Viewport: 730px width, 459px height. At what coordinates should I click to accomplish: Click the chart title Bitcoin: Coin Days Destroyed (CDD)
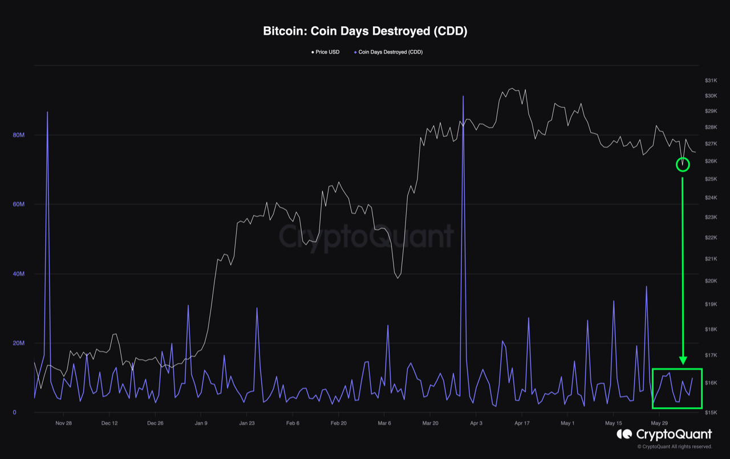(x=365, y=31)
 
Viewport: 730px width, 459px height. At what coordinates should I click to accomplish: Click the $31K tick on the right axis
(x=710, y=80)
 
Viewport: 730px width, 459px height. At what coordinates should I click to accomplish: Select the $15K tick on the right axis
(x=710, y=412)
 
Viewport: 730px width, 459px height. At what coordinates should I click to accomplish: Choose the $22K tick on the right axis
(x=710, y=237)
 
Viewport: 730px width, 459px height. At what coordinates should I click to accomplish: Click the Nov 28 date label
(x=63, y=423)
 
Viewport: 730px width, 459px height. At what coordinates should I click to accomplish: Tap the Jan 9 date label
(x=201, y=423)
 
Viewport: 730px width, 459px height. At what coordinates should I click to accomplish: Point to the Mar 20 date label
(x=431, y=423)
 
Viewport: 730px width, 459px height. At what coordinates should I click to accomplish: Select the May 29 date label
(x=659, y=423)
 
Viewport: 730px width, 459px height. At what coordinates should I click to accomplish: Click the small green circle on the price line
(x=683, y=165)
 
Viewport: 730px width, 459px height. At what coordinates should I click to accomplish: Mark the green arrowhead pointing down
(x=683, y=360)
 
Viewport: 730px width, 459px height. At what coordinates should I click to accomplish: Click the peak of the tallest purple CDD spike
(x=463, y=96)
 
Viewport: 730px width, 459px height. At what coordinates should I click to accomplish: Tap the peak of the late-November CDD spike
(x=47, y=112)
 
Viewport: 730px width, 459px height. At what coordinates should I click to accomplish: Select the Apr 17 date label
(x=522, y=423)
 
